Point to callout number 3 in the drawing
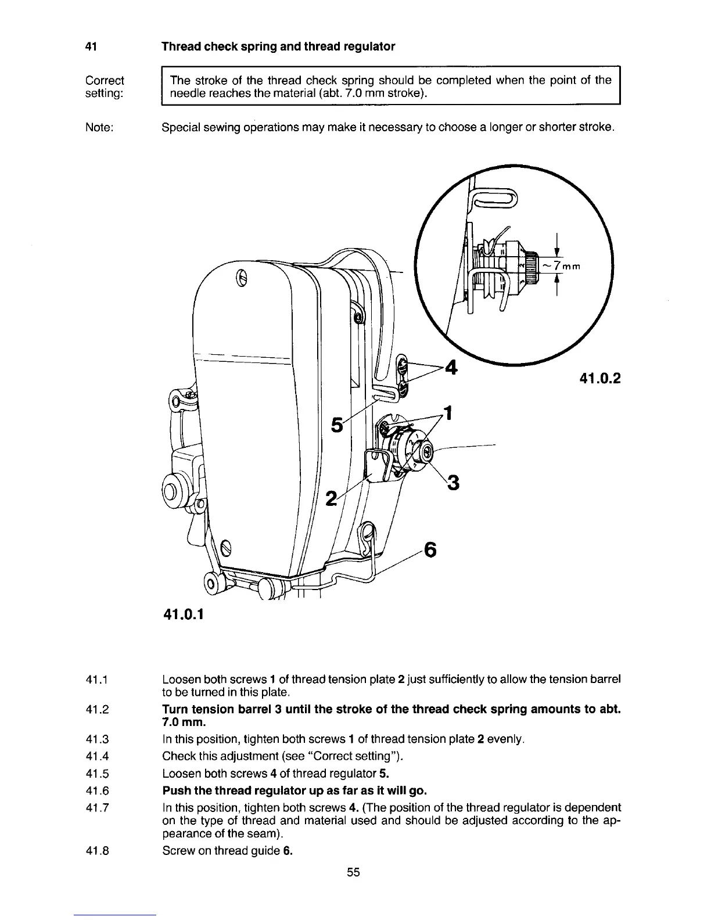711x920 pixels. pos(454,481)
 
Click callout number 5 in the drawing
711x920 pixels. pos(335,425)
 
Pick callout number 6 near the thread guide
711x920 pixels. pos(430,549)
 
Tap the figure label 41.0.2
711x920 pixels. pos(599,379)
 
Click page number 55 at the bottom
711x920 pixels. pos(354,872)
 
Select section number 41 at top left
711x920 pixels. pos(90,46)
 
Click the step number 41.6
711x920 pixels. pos(99,790)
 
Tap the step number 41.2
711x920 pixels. pos(99,709)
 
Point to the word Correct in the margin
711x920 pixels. pos(105,80)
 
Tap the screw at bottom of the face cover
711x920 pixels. pos(227,546)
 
